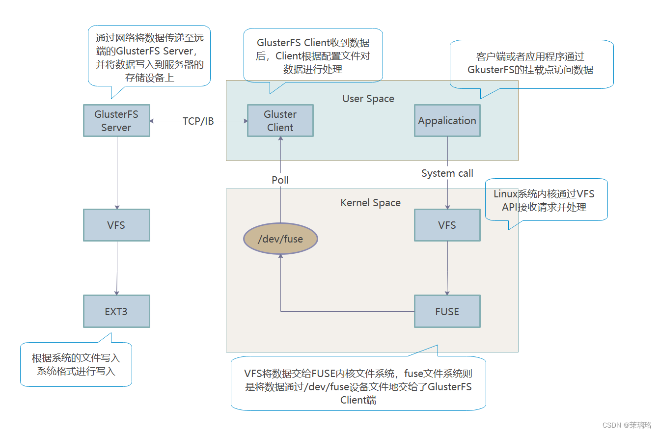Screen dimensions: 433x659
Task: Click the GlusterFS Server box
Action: (116, 121)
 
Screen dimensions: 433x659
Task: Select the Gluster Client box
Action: (280, 121)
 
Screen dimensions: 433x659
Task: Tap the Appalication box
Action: (447, 121)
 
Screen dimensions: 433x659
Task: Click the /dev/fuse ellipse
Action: (281, 239)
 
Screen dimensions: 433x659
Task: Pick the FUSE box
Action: (447, 311)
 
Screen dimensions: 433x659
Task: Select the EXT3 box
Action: (116, 311)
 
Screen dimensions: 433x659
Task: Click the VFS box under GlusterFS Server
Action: (116, 225)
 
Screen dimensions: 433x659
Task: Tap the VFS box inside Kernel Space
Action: (447, 225)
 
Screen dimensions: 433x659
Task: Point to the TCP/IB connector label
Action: (198, 121)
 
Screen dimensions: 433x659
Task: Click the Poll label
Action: (280, 180)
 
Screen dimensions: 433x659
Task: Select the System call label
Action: (447, 173)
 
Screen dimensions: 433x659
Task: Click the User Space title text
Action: (368, 99)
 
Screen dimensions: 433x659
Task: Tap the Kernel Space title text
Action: (370, 203)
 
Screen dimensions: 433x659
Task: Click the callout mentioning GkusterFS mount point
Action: (531, 64)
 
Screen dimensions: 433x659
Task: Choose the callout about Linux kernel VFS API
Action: (545, 200)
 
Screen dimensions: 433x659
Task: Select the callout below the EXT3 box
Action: (76, 364)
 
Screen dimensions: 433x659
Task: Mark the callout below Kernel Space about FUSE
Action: (358, 386)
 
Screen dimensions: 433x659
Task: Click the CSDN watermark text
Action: (627, 425)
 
